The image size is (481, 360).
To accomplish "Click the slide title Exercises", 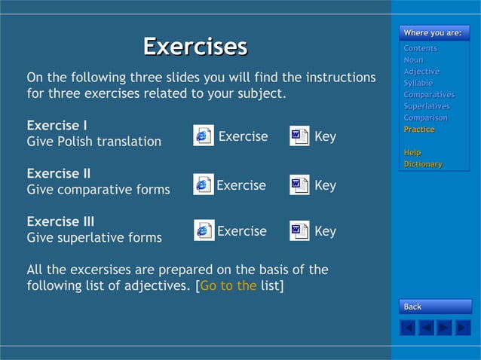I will coord(195,47).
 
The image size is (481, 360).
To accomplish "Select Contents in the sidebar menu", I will coord(420,48).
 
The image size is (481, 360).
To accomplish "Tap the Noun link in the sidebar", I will coord(413,59).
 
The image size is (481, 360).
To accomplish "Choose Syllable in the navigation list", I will coord(418,83).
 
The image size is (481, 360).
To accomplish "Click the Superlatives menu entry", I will coord(425,106).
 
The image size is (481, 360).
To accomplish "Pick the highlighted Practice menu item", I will coord(418,130).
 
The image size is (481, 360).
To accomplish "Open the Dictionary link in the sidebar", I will coord(423,164).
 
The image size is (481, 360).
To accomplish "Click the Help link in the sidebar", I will coord(412,153).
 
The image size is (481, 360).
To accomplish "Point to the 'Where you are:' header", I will coord(432,33).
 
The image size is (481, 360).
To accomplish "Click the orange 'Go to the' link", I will coord(228,285).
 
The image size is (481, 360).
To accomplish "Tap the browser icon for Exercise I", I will coord(203,136).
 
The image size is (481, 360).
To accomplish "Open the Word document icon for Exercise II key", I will coord(299,185).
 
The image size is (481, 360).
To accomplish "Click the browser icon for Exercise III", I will coord(204,230).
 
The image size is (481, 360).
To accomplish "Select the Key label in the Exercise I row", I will coord(325,137).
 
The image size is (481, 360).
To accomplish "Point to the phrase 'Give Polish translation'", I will coord(93,142).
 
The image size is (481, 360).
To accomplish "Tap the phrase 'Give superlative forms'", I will coord(94,238).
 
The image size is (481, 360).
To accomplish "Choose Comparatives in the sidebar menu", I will coord(428,95).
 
